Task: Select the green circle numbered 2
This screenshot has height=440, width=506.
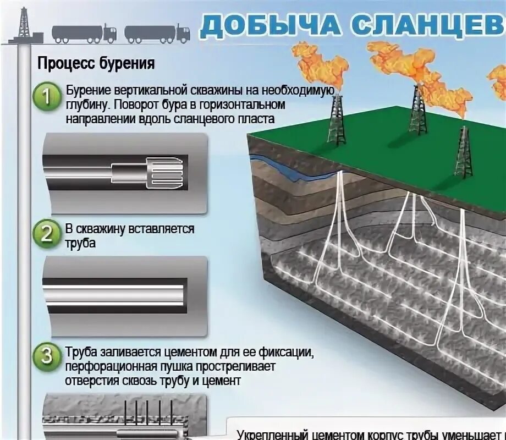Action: (x=48, y=234)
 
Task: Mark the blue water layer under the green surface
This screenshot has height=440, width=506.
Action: (x=291, y=167)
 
